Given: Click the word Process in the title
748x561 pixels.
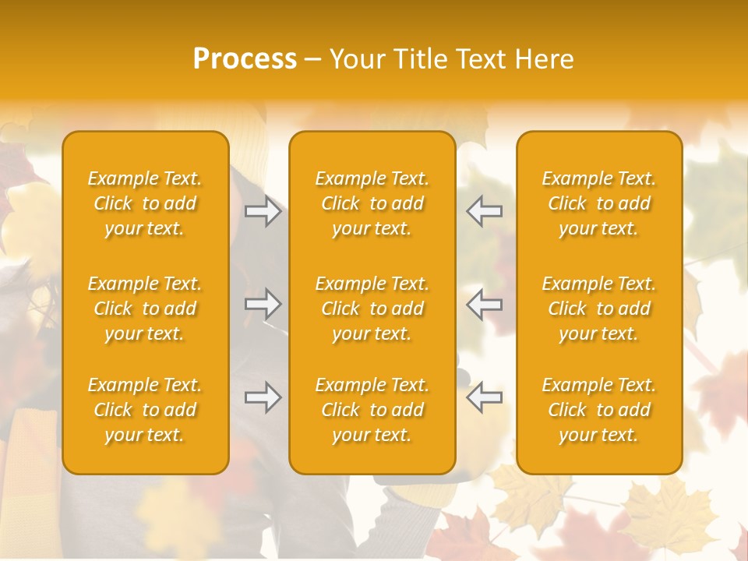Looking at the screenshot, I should (x=245, y=59).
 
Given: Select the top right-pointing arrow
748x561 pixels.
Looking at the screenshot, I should (x=263, y=211).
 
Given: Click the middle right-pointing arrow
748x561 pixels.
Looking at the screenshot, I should (x=263, y=304).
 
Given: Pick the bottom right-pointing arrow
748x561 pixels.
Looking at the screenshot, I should (x=263, y=397).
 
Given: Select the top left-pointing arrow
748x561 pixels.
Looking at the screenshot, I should (x=485, y=211).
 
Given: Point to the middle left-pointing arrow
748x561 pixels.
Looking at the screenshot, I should (x=485, y=304).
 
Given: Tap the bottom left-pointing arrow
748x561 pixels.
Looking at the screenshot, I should (x=485, y=397).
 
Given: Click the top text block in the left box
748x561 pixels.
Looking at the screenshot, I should (x=145, y=203).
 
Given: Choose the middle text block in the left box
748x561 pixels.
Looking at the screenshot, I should (x=145, y=309).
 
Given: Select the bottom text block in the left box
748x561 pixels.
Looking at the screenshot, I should (x=145, y=410).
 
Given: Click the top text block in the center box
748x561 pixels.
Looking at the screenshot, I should (x=372, y=203).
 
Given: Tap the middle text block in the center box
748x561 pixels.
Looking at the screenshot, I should (x=372, y=309).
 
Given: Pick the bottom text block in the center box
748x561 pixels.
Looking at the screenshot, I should (x=372, y=410).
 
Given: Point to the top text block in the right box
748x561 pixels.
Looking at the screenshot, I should (x=599, y=203).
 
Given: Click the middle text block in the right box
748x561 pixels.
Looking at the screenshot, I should (x=599, y=309).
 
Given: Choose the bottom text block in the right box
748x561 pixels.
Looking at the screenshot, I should (x=599, y=410).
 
